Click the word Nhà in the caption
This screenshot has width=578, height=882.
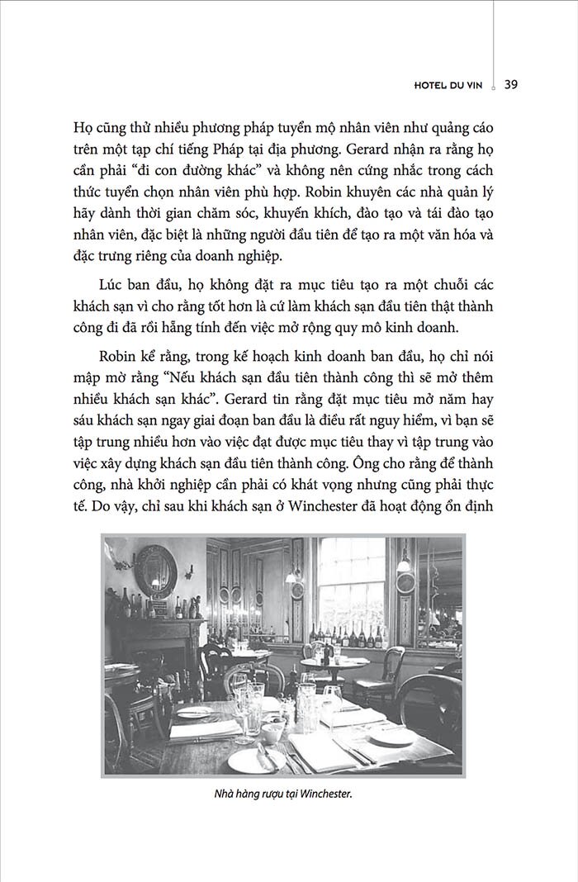224,794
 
